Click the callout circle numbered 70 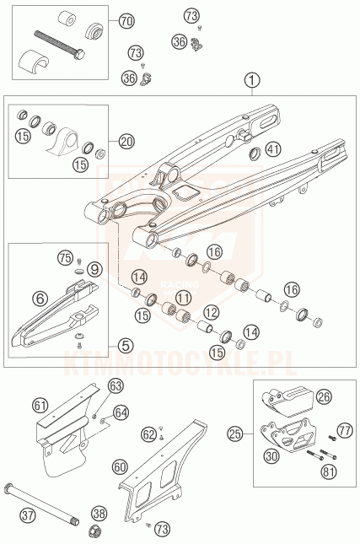pyautogui.click(x=126, y=22)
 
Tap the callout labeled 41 pyautogui.click(x=273, y=149)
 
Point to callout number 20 pyautogui.click(x=126, y=141)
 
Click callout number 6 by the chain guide pyautogui.click(x=40, y=298)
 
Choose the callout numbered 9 pyautogui.click(x=94, y=269)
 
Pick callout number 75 pyautogui.click(x=66, y=258)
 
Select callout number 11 pyautogui.click(x=183, y=298)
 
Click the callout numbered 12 pyautogui.click(x=212, y=313)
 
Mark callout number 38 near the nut pyautogui.click(x=99, y=514)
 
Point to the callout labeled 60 pyautogui.click(x=120, y=467)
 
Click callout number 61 pyautogui.click(x=40, y=405)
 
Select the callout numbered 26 pyautogui.click(x=324, y=397)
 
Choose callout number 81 pyautogui.click(x=329, y=471)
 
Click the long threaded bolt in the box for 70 pyautogui.click(x=59, y=45)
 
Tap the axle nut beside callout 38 pyautogui.click(x=93, y=531)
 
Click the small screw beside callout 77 pyautogui.click(x=332, y=438)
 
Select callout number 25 pyautogui.click(x=235, y=434)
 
